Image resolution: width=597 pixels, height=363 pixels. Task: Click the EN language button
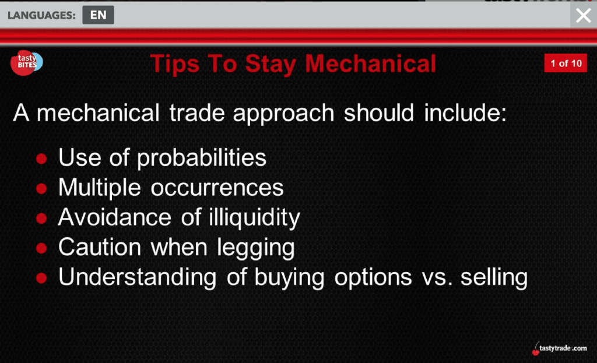98,15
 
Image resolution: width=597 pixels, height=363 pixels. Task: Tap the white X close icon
583,16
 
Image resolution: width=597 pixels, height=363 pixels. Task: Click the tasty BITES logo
26,63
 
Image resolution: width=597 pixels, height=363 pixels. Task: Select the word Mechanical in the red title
370,64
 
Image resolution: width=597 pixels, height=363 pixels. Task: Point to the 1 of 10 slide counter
566,63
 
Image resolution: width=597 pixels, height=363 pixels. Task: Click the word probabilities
201,157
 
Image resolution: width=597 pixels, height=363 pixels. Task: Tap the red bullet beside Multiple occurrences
41,188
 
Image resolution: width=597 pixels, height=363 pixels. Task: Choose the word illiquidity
254,218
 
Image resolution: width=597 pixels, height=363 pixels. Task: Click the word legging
256,248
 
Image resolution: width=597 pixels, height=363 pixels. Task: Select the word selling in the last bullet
494,277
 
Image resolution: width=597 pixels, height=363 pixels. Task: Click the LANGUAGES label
41,15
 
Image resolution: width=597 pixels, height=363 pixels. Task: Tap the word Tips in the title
175,64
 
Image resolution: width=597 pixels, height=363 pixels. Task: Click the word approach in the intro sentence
284,114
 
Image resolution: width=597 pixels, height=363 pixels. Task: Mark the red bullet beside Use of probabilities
41,158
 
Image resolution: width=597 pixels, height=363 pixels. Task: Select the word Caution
100,247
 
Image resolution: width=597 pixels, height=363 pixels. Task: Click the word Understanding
138,277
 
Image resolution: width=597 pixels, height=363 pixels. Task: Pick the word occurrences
217,188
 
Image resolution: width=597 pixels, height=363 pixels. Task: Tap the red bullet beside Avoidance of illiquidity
41,218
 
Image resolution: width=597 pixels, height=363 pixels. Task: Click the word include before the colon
462,113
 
